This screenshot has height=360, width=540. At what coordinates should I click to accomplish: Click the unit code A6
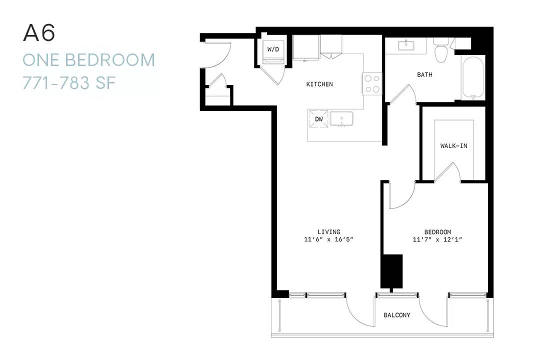39,33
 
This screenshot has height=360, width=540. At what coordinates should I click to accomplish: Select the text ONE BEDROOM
89,60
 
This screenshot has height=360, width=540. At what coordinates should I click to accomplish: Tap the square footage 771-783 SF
69,82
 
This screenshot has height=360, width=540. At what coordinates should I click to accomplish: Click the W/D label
273,49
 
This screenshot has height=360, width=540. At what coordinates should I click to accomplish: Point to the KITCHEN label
319,84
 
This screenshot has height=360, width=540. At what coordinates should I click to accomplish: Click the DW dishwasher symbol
319,119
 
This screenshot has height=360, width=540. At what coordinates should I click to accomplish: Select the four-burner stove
372,83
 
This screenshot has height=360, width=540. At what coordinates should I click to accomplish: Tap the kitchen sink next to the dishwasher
341,119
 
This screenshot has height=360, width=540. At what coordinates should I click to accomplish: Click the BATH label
424,74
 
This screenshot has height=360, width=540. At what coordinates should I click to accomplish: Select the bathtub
473,78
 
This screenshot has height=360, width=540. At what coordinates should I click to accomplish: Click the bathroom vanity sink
406,45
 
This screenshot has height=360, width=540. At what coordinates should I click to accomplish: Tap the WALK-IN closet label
454,145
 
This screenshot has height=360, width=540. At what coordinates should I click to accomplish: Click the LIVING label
329,232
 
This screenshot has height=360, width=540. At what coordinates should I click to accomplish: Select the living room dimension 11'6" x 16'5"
329,239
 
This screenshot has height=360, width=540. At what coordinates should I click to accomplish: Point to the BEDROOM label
437,232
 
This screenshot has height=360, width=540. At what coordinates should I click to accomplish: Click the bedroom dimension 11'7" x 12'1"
437,239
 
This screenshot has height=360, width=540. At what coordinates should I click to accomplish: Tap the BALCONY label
397,315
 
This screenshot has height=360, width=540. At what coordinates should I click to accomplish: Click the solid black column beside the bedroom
391,271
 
